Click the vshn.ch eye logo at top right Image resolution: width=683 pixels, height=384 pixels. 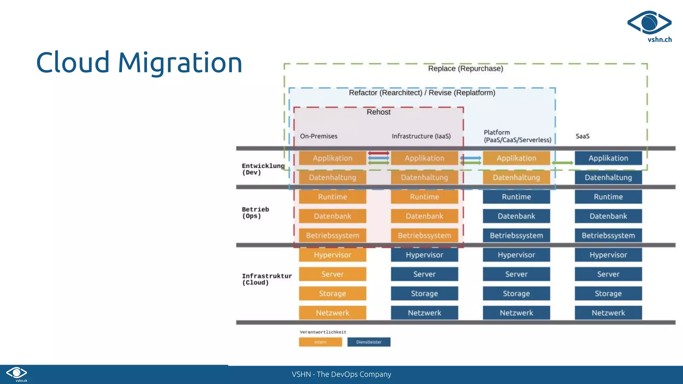(x=649, y=23)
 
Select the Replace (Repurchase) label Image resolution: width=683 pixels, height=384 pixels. (x=465, y=69)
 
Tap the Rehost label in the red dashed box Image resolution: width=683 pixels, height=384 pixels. (x=378, y=112)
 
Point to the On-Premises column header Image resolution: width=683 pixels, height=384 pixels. (x=318, y=136)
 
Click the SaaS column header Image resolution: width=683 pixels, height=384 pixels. (x=582, y=136)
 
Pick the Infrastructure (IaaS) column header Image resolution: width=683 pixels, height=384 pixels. (x=421, y=136)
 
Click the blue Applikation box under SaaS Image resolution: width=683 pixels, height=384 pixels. (x=608, y=158)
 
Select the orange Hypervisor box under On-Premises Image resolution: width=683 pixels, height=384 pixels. (x=332, y=255)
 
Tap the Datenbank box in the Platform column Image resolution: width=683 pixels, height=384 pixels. (x=516, y=216)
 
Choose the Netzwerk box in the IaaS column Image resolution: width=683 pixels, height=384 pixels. (x=424, y=313)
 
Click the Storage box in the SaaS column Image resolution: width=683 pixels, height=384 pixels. (x=608, y=294)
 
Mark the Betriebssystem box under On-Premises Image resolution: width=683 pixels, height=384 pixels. (x=332, y=236)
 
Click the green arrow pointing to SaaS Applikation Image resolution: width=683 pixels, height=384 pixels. (x=562, y=163)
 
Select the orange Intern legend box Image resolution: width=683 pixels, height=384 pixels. (x=320, y=342)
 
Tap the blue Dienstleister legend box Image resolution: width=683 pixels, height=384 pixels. (x=369, y=342)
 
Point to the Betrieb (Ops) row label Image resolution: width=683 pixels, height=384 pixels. (x=255, y=213)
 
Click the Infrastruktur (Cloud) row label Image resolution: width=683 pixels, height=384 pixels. (x=266, y=279)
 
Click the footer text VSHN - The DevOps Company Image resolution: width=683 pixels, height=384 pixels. (x=341, y=374)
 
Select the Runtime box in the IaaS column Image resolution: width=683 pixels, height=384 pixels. (x=424, y=197)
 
